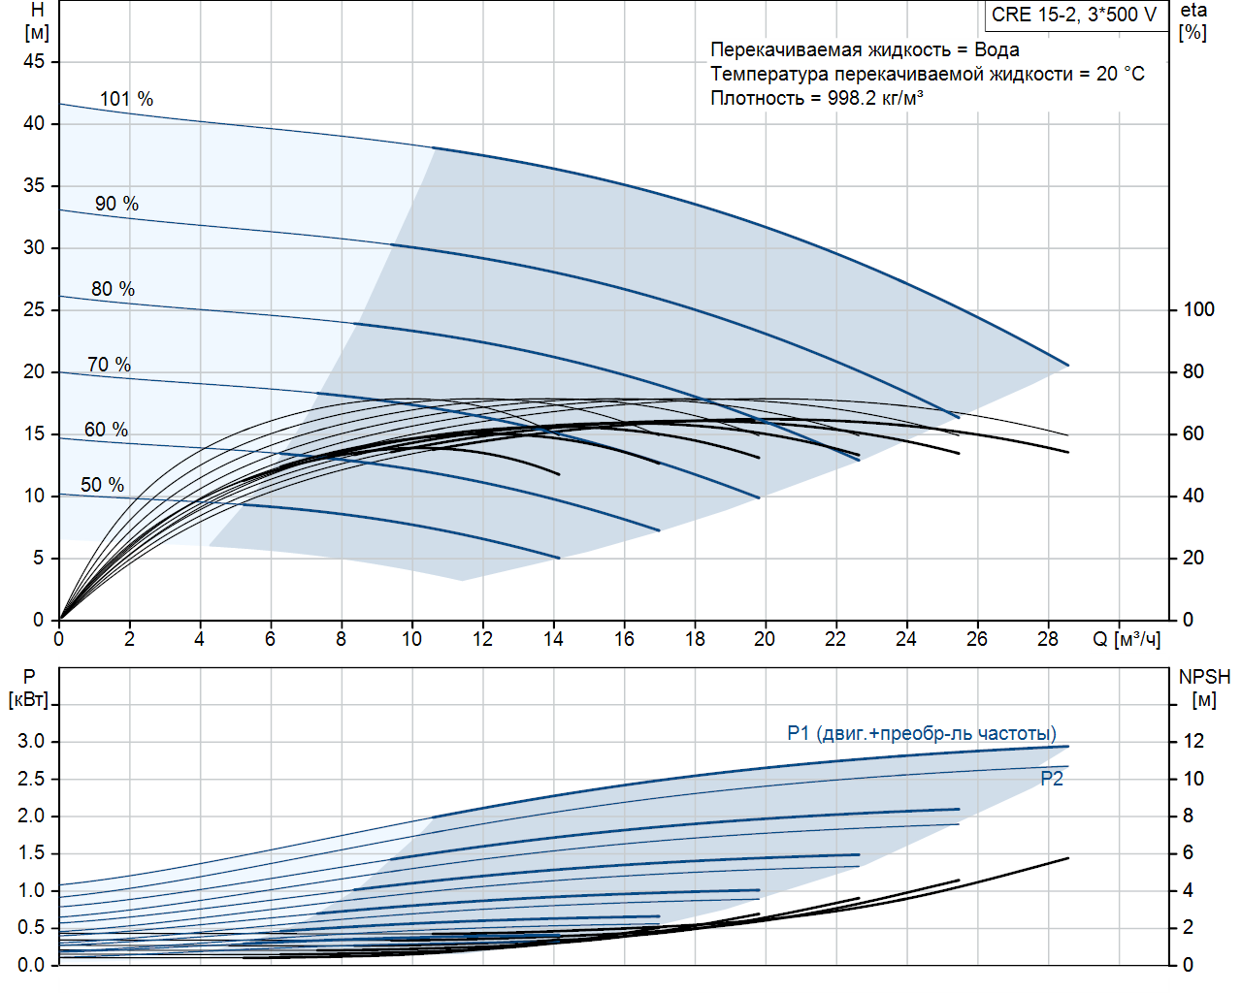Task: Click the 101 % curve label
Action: [x=126, y=99]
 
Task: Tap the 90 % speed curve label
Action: [x=116, y=204]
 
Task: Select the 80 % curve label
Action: [x=113, y=289]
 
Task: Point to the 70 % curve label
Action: [x=109, y=365]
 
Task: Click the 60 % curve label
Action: [x=106, y=430]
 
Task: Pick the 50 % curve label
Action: [x=102, y=485]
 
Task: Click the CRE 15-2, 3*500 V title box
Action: [x=1074, y=15]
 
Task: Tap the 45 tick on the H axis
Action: [x=35, y=61]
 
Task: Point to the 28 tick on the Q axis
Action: [x=1047, y=639]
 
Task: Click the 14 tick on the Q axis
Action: [x=553, y=639]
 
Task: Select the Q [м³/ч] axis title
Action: [x=1127, y=639]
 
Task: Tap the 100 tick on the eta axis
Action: [x=1198, y=309]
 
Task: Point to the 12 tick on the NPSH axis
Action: [x=1193, y=741]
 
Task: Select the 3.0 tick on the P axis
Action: [x=31, y=741]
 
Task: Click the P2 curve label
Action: [x=1052, y=779]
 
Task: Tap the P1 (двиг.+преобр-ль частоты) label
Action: [x=922, y=733]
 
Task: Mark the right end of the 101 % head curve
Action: [x=1068, y=366]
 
